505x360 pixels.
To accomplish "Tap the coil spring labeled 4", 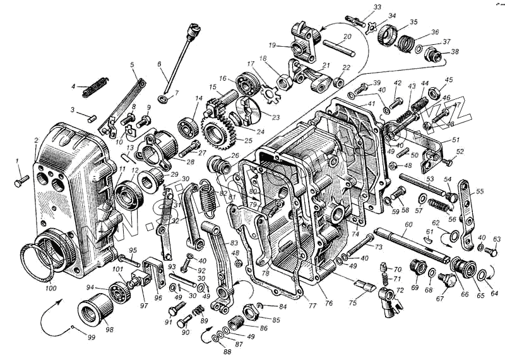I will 96,82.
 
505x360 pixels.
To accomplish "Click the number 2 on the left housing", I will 36,140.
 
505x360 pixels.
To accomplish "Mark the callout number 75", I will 353,303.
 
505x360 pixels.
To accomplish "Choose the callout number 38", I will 454,52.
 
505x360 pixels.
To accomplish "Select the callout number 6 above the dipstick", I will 159,64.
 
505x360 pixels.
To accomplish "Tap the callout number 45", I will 449,80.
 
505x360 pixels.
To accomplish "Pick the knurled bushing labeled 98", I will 96,310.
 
